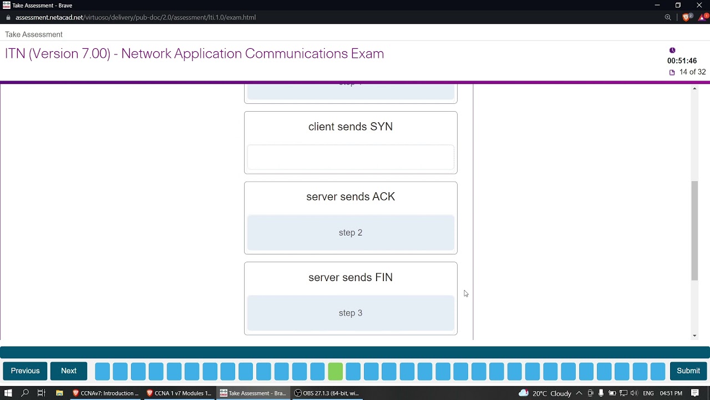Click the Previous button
coord(25,371)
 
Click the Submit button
coord(688,371)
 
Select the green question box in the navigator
coord(335,371)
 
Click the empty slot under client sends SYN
coord(351,158)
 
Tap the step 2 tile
coord(351,233)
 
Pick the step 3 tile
coord(351,313)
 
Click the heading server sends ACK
coord(351,197)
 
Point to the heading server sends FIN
coord(351,277)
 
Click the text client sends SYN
coord(351,127)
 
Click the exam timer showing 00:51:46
coord(682,61)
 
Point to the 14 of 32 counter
coord(692,72)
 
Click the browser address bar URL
coord(135,17)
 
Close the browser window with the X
coord(699,6)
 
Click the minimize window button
coord(657,6)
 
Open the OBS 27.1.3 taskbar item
coord(327,393)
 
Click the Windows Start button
coord(8,393)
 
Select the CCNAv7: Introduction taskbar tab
coord(105,393)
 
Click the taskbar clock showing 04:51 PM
coord(671,393)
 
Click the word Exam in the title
coord(367,54)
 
